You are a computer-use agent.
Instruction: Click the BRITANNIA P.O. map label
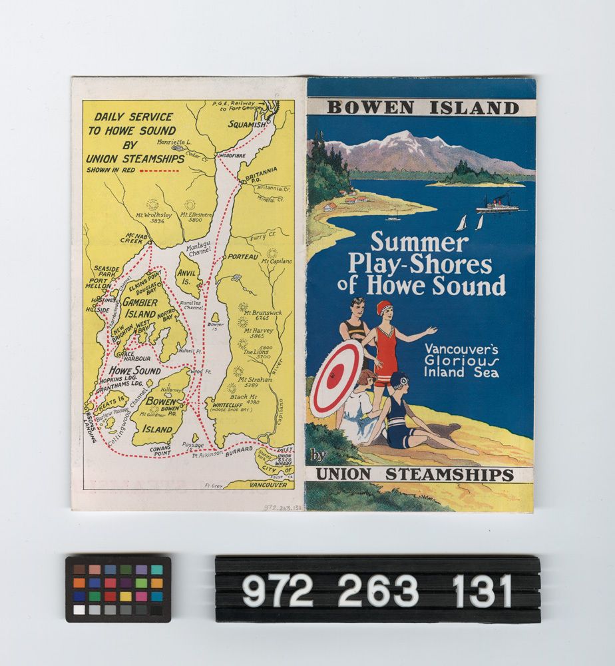pyautogui.click(x=260, y=174)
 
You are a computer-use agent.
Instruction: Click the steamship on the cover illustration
pyautogui.click(x=497, y=204)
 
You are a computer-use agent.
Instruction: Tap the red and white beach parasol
pyautogui.click(x=337, y=378)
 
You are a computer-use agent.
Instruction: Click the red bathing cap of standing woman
pyautogui.click(x=384, y=307)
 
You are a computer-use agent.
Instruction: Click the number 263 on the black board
pyautogui.click(x=377, y=590)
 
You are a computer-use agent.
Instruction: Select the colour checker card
pyautogui.click(x=118, y=589)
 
